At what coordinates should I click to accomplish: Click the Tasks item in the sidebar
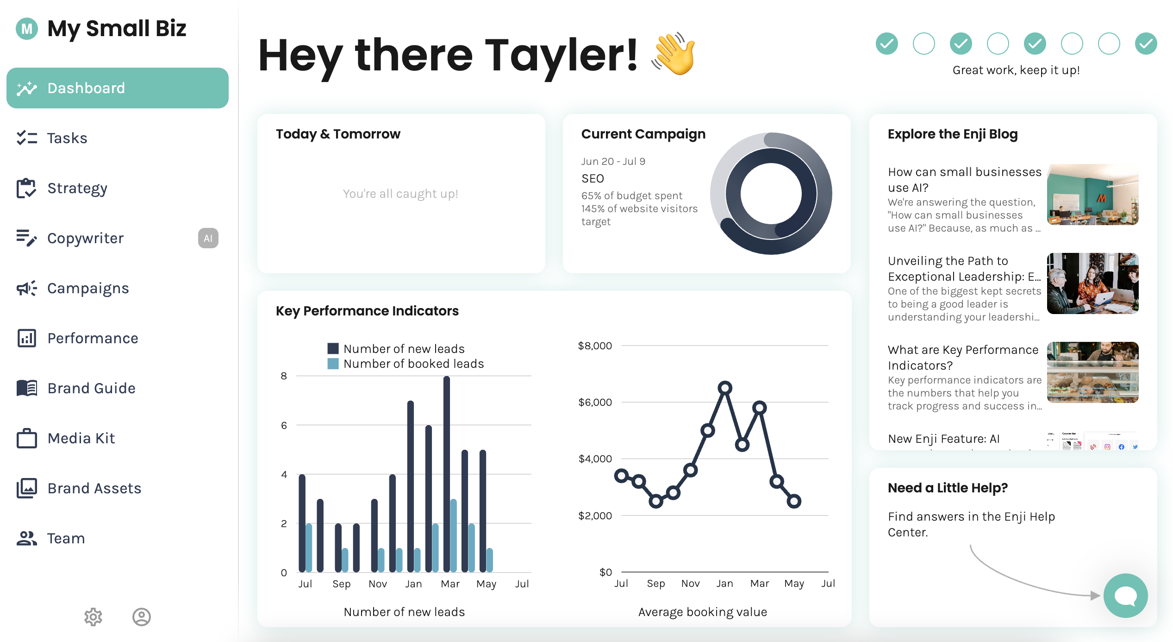pyautogui.click(x=67, y=138)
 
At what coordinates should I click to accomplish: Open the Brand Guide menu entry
pyautogui.click(x=91, y=388)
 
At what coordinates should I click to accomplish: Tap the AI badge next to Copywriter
pyautogui.click(x=208, y=238)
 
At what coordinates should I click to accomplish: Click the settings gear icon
pyautogui.click(x=93, y=617)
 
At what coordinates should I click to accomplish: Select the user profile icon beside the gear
pyautogui.click(x=142, y=617)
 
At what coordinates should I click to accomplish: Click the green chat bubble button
pyautogui.click(x=1125, y=596)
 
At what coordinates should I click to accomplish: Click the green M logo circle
pyautogui.click(x=27, y=29)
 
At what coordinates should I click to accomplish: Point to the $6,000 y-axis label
pyautogui.click(x=595, y=402)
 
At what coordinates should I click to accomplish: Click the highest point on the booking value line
pyautogui.click(x=725, y=388)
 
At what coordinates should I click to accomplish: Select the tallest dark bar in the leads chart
pyautogui.click(x=447, y=472)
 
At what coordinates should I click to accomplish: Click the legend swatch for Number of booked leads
pyautogui.click(x=333, y=364)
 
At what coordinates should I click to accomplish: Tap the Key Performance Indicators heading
pyautogui.click(x=367, y=311)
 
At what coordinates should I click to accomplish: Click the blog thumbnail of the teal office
pyautogui.click(x=1092, y=195)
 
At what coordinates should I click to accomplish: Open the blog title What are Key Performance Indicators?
pyautogui.click(x=963, y=357)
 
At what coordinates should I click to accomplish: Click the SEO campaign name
pyautogui.click(x=593, y=178)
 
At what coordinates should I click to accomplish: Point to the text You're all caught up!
pyautogui.click(x=400, y=194)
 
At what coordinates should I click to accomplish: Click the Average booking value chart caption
pyautogui.click(x=702, y=612)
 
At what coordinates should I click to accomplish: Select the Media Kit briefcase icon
pyautogui.click(x=27, y=438)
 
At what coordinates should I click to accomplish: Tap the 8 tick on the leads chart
pyautogui.click(x=284, y=376)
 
